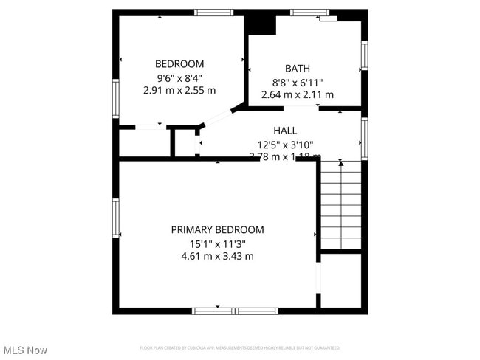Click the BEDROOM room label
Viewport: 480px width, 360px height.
(x=179, y=64)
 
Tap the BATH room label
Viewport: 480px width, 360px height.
(x=298, y=69)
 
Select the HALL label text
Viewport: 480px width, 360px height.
(x=285, y=130)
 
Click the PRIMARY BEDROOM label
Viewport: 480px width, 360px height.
(x=217, y=229)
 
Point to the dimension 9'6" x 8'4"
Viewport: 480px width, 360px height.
(x=179, y=77)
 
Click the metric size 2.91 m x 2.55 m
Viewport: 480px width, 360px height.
(x=179, y=90)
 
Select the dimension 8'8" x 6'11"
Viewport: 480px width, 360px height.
(x=298, y=82)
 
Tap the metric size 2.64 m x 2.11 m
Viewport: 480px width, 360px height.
(x=298, y=94)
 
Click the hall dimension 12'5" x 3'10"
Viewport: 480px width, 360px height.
(x=285, y=145)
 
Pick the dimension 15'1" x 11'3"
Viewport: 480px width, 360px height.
(x=217, y=243)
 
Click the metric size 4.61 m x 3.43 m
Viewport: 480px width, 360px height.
(x=217, y=256)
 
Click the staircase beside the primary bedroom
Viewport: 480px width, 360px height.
(x=340, y=206)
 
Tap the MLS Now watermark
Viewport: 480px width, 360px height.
(x=25, y=350)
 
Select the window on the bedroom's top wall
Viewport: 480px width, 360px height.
(x=213, y=13)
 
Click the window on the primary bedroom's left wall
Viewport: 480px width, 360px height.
(x=116, y=218)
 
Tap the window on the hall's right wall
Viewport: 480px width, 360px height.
(x=364, y=139)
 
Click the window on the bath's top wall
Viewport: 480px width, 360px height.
(x=309, y=13)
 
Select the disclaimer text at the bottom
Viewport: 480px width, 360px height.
(x=240, y=347)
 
